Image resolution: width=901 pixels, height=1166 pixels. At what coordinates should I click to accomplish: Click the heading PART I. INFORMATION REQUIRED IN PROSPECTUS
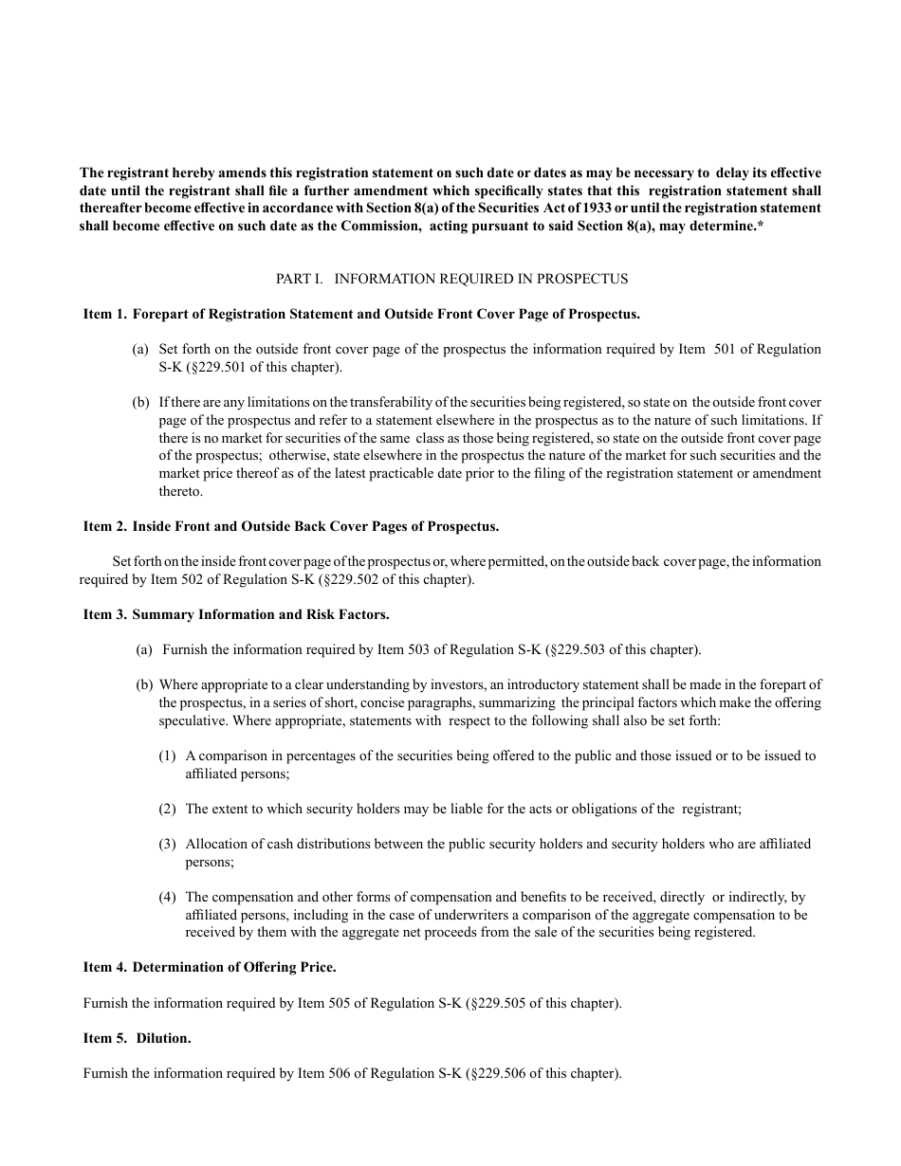coord(451,279)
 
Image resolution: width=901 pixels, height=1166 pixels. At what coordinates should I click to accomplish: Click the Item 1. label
coord(104,314)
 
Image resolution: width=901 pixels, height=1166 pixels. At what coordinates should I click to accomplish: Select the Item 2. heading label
coord(104,526)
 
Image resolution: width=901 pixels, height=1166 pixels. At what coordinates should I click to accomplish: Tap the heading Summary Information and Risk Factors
coord(261,614)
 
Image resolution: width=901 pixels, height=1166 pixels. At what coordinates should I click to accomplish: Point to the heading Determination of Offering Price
coord(234,967)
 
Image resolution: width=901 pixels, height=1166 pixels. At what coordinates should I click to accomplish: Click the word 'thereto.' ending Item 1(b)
coord(181,491)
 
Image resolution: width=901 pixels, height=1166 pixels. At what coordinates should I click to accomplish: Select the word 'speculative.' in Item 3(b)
coord(193,720)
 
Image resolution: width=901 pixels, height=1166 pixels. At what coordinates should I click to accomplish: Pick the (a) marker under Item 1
coord(140,349)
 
